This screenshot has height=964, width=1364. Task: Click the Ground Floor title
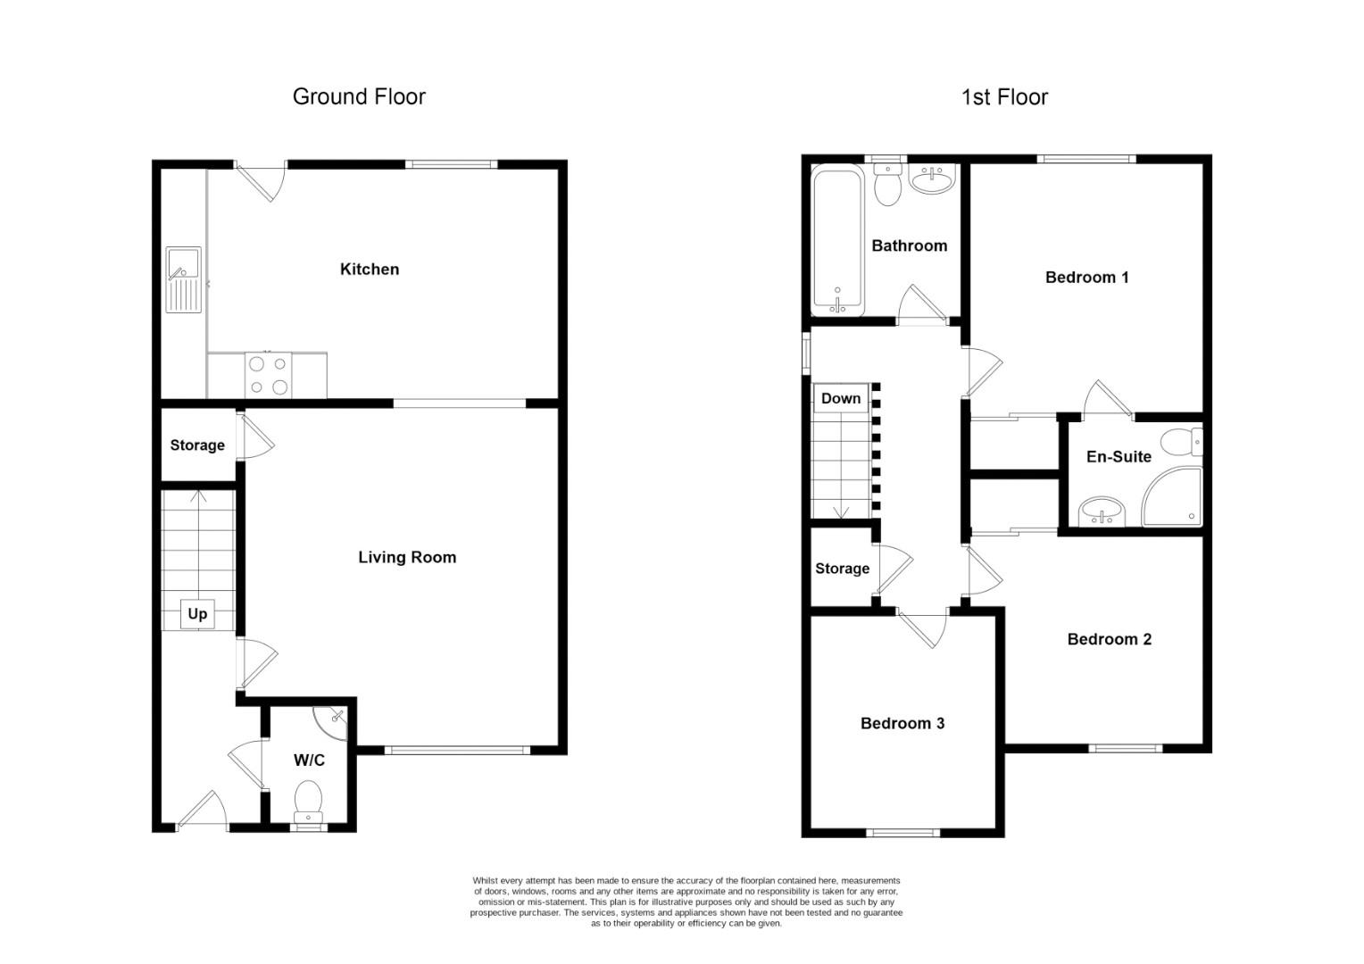tap(359, 96)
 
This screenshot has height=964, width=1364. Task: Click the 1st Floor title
tap(1004, 96)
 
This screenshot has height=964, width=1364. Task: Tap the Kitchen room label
tap(370, 269)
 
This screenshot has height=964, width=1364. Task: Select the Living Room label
tap(407, 557)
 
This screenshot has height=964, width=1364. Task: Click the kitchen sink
tap(184, 279)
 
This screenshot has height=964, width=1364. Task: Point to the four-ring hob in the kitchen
tap(268, 375)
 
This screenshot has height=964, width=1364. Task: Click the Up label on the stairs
tap(197, 613)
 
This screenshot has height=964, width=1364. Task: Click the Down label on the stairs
tap(841, 398)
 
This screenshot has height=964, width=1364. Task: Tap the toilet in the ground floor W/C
tap(309, 801)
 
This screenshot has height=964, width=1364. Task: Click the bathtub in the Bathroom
tap(837, 242)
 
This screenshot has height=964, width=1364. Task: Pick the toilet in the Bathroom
tap(887, 186)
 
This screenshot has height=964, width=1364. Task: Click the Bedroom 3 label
tap(902, 723)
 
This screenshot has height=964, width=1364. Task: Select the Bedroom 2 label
tap(1109, 639)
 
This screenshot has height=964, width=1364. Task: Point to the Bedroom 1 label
tap(1086, 278)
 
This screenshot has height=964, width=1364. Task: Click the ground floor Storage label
tap(197, 445)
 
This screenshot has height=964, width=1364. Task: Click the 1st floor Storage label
tap(842, 569)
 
